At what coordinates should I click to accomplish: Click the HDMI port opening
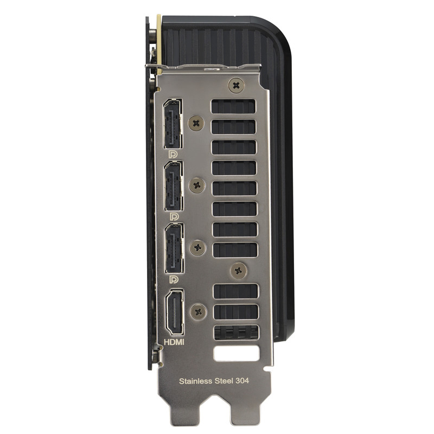(x=174, y=312)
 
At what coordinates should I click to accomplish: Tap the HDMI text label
(x=174, y=342)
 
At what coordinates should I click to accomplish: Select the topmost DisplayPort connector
(x=173, y=123)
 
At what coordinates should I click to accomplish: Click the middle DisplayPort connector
(x=174, y=186)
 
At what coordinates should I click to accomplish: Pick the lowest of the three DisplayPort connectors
(x=174, y=248)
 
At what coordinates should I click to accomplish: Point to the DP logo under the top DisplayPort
(x=173, y=154)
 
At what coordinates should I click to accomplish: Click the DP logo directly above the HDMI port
(x=174, y=279)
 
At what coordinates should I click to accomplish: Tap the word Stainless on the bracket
(x=195, y=381)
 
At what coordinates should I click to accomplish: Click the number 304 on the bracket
(x=242, y=381)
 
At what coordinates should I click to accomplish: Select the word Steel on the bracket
(x=224, y=381)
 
